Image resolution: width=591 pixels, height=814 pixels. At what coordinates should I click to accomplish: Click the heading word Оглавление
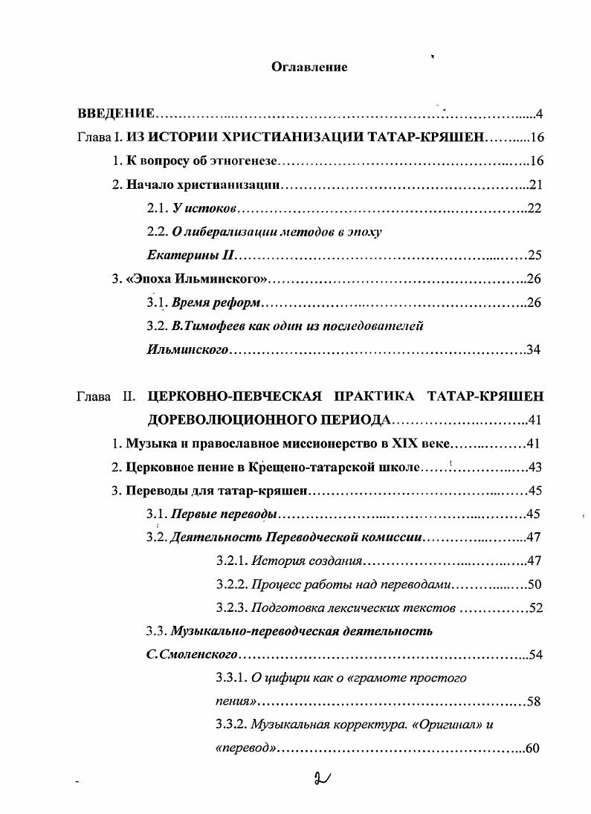coord(309,67)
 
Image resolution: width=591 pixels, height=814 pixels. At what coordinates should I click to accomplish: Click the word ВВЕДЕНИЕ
coord(116,114)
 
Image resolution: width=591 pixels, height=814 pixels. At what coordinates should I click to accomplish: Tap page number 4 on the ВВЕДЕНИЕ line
coord(540,114)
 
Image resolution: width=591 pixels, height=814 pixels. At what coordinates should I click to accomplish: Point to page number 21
coord(535,185)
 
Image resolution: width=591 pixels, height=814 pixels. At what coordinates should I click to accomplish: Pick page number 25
coord(535,256)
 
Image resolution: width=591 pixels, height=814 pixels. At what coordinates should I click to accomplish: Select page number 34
coord(535,349)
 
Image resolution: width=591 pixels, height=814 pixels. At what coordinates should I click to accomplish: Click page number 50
coord(535,584)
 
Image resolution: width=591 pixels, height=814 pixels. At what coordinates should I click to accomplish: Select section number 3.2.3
coord(231,607)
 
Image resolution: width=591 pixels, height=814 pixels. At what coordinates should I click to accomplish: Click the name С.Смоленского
coord(193,655)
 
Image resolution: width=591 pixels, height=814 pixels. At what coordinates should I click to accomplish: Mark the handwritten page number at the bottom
coord(323,779)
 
